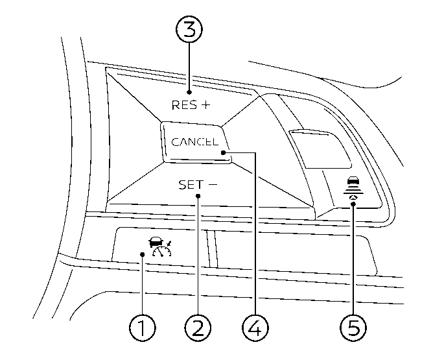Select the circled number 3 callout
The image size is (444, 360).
(189, 30)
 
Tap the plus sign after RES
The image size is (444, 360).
(205, 104)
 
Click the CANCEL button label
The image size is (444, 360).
(194, 142)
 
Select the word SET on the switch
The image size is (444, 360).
(191, 185)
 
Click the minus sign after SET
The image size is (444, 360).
(213, 185)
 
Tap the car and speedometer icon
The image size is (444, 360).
(158, 246)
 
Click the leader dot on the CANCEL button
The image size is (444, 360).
(223, 153)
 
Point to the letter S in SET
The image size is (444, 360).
(183, 185)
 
